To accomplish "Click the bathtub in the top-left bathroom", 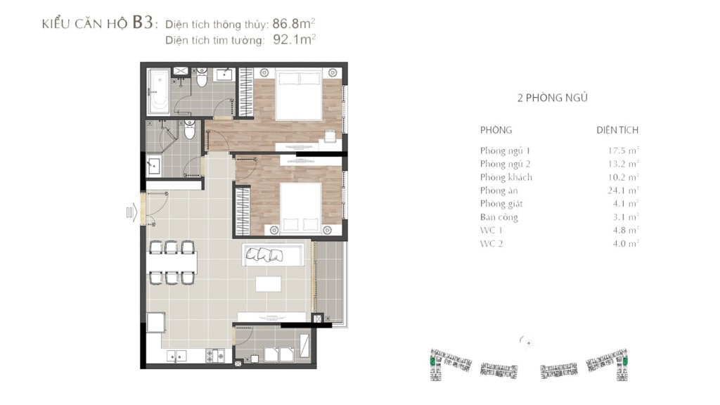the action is (159, 91).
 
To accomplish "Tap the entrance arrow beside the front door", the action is (131, 212).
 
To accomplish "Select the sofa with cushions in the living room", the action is (273, 255).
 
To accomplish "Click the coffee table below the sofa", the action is (269, 284).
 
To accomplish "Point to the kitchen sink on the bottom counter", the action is (176, 356).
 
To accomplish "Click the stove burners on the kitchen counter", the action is (215, 356).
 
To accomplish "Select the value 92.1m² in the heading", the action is (295, 39).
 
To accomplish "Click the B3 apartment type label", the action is (142, 22).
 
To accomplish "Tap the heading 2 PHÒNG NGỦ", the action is (553, 97).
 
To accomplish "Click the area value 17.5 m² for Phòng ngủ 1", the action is (623, 150).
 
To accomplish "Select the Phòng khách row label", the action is (506, 177).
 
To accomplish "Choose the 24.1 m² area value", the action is (623, 190).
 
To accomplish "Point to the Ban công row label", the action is (499, 217).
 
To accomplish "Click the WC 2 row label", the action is (491, 243).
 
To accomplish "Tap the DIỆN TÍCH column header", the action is (617, 130).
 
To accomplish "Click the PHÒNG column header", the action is (496, 130).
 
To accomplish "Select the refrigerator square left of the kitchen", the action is (156, 322).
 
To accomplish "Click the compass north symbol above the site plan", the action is (527, 342).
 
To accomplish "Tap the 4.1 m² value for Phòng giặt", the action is (625, 203).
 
